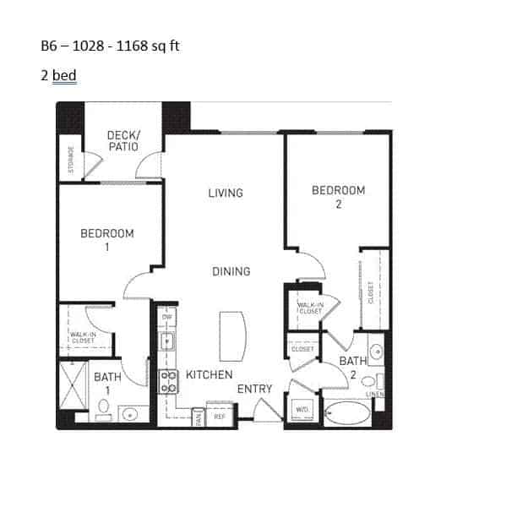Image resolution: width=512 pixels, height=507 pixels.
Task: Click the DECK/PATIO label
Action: tap(123, 141)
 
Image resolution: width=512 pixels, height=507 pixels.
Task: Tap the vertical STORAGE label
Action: tap(71, 160)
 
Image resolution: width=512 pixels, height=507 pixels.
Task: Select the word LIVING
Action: tap(226, 194)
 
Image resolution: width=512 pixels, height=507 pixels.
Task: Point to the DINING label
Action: tap(231, 271)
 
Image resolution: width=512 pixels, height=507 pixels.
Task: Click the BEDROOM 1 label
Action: tap(106, 240)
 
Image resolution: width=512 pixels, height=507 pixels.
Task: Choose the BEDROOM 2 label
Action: tap(338, 197)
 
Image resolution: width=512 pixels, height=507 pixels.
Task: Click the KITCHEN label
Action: tap(209, 374)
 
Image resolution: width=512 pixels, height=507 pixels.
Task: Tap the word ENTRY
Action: tap(254, 389)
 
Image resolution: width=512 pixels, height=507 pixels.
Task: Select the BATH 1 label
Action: tap(107, 383)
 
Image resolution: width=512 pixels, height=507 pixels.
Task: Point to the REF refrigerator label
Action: tap(219, 416)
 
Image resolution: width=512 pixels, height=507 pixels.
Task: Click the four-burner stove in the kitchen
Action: tap(168, 382)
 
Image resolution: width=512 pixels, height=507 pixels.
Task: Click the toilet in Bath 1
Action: tap(104, 408)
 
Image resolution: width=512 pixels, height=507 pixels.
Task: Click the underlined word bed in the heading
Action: tap(64, 76)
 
